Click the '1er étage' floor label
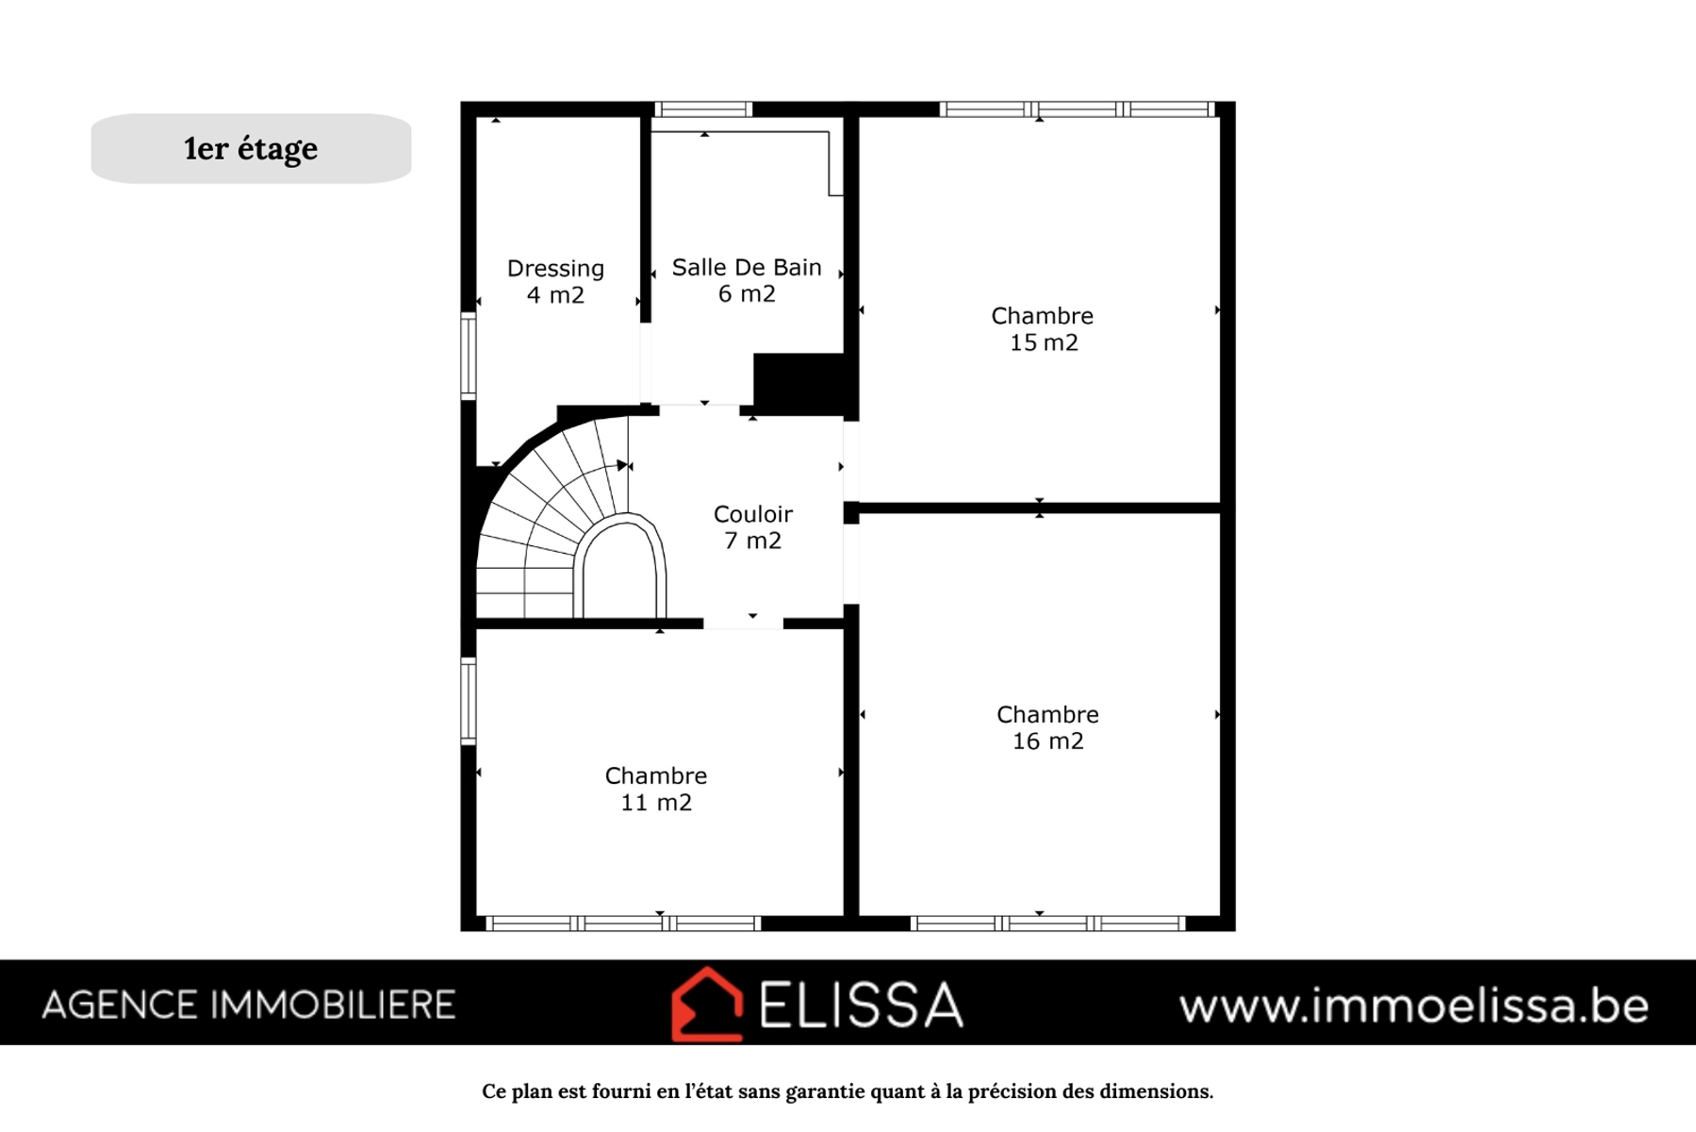click(x=251, y=149)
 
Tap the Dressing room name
click(x=555, y=268)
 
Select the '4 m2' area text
click(x=555, y=295)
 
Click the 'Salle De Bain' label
click(x=747, y=267)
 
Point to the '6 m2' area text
click(x=747, y=293)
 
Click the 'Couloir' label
click(x=752, y=514)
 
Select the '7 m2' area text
click(x=752, y=541)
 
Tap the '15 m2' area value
click(x=1044, y=342)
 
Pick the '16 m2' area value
click(x=1047, y=741)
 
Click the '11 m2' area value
click(x=656, y=803)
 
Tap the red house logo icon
click(x=707, y=1004)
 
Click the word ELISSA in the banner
click(x=861, y=1005)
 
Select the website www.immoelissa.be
click(x=1414, y=1006)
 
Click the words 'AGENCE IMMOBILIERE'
click(x=249, y=1006)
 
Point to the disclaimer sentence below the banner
click(x=848, y=1091)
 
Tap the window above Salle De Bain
click(x=703, y=109)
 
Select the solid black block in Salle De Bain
click(x=799, y=381)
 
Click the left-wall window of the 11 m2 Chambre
click(x=468, y=700)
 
